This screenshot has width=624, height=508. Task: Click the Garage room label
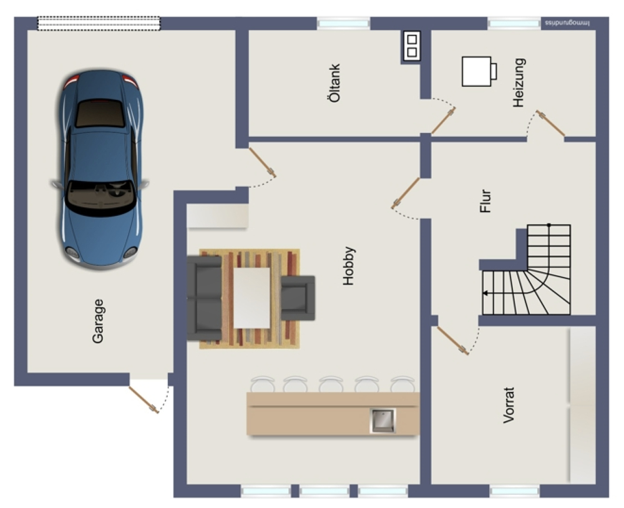(x=98, y=321)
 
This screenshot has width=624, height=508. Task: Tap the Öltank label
(x=335, y=83)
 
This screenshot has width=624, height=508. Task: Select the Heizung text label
(x=519, y=82)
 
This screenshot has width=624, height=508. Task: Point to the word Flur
(x=485, y=201)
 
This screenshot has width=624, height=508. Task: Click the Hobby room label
(x=349, y=266)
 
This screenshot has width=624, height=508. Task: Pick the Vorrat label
(x=509, y=405)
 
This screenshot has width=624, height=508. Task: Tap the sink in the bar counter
(x=383, y=421)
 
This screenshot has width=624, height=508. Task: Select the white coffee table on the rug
(x=251, y=298)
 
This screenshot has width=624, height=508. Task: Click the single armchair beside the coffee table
(x=298, y=298)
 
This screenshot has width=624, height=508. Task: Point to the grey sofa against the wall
(x=204, y=298)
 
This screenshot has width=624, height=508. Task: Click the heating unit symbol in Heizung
(x=479, y=71)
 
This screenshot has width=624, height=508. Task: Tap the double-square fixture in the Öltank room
(x=412, y=46)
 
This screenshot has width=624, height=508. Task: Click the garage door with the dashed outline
(x=99, y=23)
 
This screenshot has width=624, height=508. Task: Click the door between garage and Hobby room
(x=263, y=162)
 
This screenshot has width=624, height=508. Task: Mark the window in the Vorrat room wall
(x=515, y=491)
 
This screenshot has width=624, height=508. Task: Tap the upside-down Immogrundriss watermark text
(x=567, y=23)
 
